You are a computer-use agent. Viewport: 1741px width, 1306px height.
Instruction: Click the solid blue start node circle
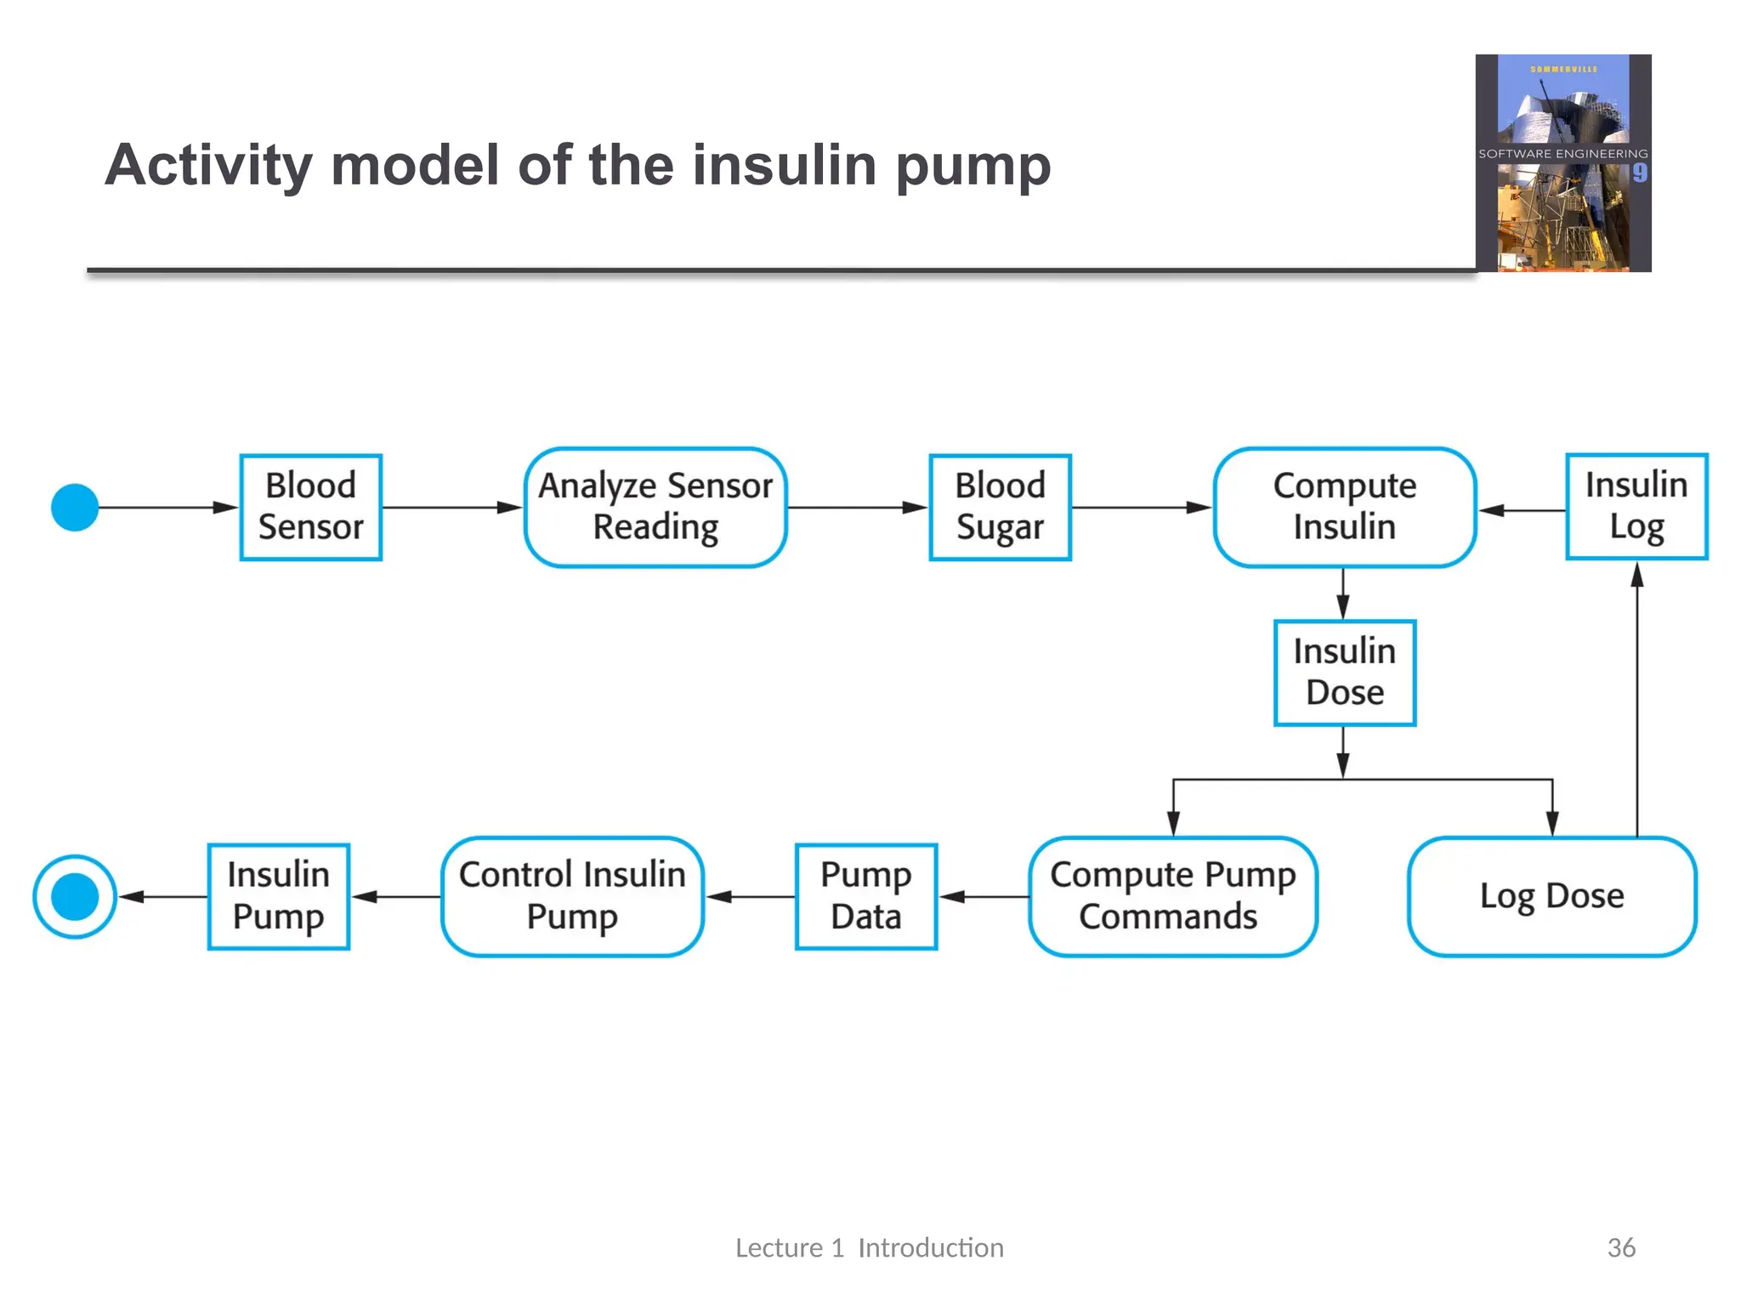click(75, 508)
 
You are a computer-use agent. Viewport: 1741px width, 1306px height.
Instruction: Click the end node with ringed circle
click(75, 896)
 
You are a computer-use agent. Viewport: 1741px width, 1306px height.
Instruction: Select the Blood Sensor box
click(311, 507)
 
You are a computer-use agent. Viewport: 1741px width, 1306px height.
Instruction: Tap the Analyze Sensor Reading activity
click(655, 507)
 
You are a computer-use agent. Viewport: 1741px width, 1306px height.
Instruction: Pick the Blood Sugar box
click(1000, 507)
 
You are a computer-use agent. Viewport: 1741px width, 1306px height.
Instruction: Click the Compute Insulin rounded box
click(1344, 507)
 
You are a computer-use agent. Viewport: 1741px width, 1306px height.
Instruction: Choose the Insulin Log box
click(1636, 507)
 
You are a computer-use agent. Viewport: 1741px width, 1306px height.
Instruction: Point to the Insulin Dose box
click(1344, 673)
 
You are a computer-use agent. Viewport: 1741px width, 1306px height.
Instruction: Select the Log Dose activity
click(1551, 896)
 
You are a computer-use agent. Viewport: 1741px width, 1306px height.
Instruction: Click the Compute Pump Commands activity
click(1172, 896)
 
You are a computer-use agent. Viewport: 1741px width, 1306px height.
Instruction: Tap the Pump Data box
click(865, 896)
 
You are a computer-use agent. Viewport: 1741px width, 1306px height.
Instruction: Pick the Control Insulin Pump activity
click(572, 896)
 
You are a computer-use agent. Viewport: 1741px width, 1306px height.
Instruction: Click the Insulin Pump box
click(279, 896)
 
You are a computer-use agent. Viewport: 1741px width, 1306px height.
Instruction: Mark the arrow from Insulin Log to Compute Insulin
click(1522, 510)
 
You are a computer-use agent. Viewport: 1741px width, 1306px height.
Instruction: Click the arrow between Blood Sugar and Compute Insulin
click(1142, 508)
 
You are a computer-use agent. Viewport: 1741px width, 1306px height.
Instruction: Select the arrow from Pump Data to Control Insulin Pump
click(750, 896)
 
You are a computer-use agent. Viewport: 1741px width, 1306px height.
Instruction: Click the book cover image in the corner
click(1562, 163)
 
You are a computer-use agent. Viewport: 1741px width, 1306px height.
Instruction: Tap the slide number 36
click(1620, 1247)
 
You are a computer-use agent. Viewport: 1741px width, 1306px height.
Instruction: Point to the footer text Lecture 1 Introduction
click(869, 1247)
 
